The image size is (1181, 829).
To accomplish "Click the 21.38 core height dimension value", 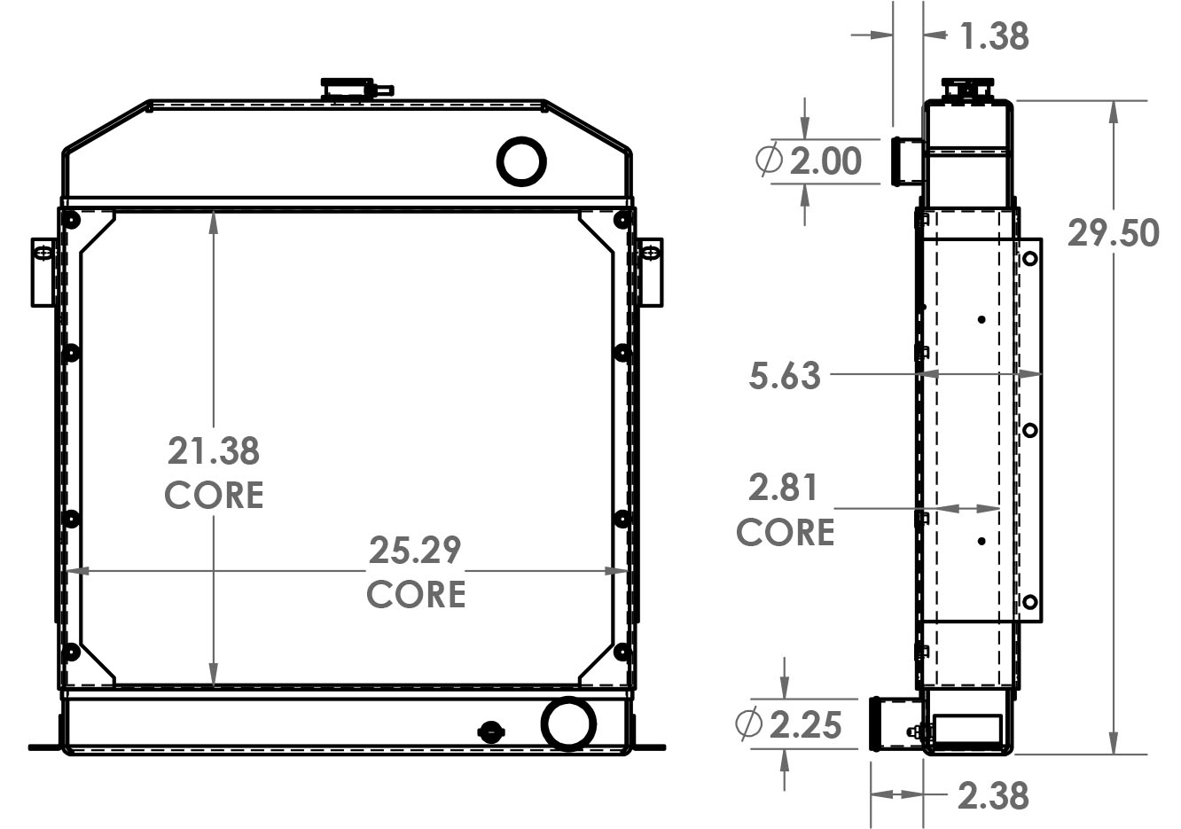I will click(x=214, y=450).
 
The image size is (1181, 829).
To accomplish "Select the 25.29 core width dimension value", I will click(x=415, y=551).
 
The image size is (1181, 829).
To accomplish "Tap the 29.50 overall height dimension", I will click(x=1113, y=233).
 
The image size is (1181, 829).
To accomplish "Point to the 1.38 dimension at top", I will click(x=994, y=36).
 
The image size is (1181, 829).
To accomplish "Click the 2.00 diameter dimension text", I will click(x=825, y=161).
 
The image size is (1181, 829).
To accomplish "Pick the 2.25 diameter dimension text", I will click(x=805, y=725).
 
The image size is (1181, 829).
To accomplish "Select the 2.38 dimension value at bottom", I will click(x=993, y=795).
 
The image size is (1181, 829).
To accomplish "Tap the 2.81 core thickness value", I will click(x=783, y=489).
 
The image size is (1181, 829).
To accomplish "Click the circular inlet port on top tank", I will click(x=521, y=160).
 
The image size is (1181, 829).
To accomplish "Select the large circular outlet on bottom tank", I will click(x=567, y=723).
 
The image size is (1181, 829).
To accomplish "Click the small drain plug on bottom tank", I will click(x=489, y=731).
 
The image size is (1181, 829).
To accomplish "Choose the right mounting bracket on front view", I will click(x=650, y=270).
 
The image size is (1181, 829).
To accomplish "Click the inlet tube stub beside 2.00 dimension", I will click(x=904, y=160).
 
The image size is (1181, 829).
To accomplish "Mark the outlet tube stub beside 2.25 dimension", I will click(x=895, y=725).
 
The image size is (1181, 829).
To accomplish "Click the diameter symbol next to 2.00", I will click(x=768, y=161).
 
